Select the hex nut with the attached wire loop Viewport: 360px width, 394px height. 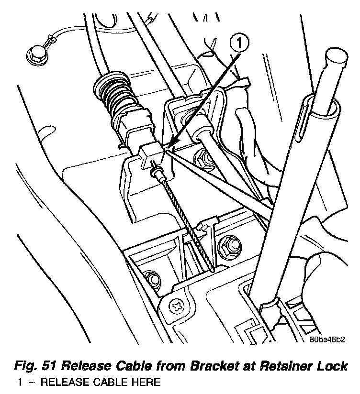35,53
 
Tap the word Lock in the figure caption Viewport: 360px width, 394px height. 331,367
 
